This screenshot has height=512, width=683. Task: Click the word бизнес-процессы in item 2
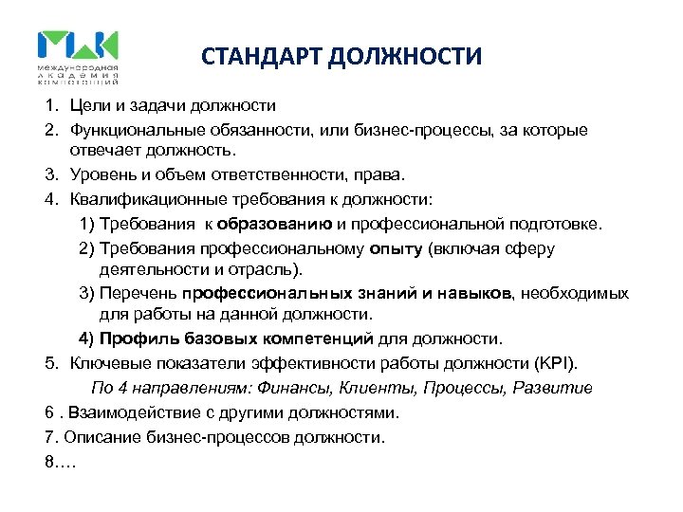coord(434,129)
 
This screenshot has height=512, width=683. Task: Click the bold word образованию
coord(274,224)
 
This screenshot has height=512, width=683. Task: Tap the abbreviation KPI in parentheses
coord(564,362)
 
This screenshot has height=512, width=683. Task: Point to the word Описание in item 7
coord(104,437)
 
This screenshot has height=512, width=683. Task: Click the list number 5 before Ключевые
coord(48,362)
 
